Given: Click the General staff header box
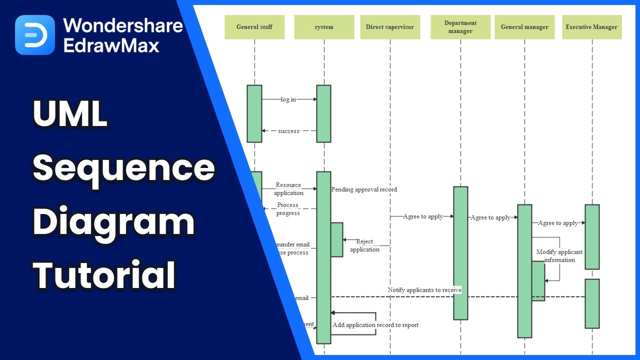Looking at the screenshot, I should [x=254, y=27].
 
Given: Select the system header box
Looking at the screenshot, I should [x=324, y=27].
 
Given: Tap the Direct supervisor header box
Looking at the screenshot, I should [x=390, y=27].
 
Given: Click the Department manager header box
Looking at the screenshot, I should [x=460, y=27].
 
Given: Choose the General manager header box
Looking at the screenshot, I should [x=524, y=27].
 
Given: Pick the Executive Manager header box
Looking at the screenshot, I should [x=591, y=27].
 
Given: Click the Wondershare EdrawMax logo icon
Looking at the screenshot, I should [x=35, y=35].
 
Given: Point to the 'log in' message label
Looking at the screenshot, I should [x=288, y=99].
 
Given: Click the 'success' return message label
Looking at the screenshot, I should [x=288, y=131].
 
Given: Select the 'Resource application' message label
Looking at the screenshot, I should [x=288, y=189].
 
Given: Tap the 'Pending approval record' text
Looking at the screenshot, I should [x=364, y=189].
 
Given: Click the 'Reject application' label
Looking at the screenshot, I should [x=364, y=245].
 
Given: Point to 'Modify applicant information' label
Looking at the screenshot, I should [x=559, y=256].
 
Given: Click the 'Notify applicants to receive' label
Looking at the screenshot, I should [x=424, y=290].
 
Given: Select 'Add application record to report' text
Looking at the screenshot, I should [x=375, y=325].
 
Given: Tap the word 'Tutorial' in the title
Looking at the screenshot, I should [x=104, y=275].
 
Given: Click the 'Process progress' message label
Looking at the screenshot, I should [x=288, y=209].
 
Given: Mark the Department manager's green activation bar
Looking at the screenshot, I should [x=460, y=253].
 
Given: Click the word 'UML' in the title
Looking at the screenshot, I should [x=70, y=114].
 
